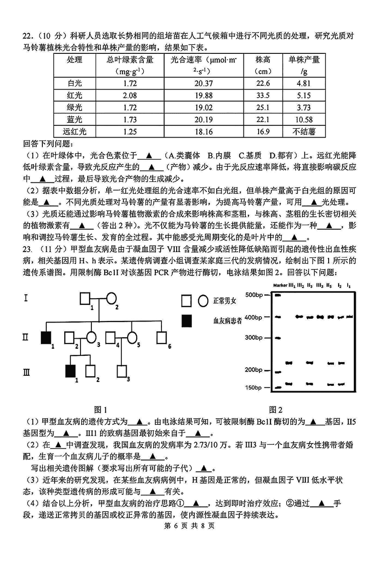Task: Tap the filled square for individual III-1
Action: pos(70,371)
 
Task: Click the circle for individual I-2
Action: pos(111,299)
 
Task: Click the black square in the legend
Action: pos(186,321)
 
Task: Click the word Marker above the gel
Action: pos(281,285)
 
